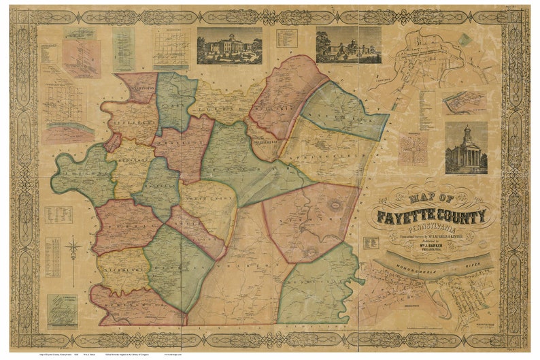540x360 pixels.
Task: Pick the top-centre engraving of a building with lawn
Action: tap(229, 46)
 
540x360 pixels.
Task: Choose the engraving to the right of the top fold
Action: tap(348, 45)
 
